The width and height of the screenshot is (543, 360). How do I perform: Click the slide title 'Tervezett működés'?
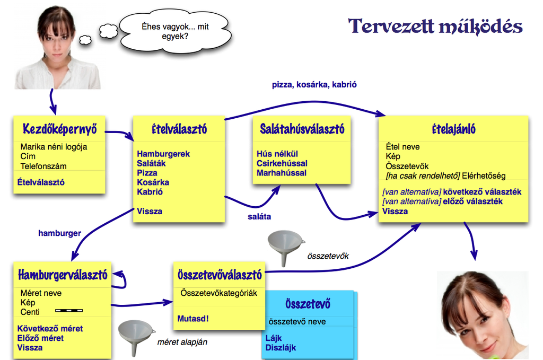[x=435, y=26]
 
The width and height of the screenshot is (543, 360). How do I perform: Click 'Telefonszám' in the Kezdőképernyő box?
[x=43, y=166]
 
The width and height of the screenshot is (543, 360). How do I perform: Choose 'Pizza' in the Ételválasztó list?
[x=147, y=173]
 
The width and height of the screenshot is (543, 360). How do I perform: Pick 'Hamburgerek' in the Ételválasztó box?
[x=163, y=154]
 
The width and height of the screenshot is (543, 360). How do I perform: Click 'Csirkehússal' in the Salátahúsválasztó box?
[x=282, y=163]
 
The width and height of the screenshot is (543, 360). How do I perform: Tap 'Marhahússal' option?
[x=281, y=173]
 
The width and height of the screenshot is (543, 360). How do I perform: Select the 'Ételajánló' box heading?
[x=453, y=129]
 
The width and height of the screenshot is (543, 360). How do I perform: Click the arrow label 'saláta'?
[x=260, y=216]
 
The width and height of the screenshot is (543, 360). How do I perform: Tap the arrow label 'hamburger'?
[x=59, y=233]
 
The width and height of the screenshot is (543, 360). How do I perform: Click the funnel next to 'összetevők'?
[x=286, y=247]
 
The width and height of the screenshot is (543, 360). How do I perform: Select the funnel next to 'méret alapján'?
[x=136, y=337]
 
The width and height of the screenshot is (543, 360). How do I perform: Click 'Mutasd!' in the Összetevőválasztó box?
[x=193, y=319]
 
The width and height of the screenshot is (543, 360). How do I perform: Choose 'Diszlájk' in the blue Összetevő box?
[x=281, y=348]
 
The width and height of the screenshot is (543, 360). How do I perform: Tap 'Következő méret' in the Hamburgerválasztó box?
[x=50, y=329]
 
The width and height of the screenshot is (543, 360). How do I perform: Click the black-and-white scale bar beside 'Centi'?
[x=69, y=311]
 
